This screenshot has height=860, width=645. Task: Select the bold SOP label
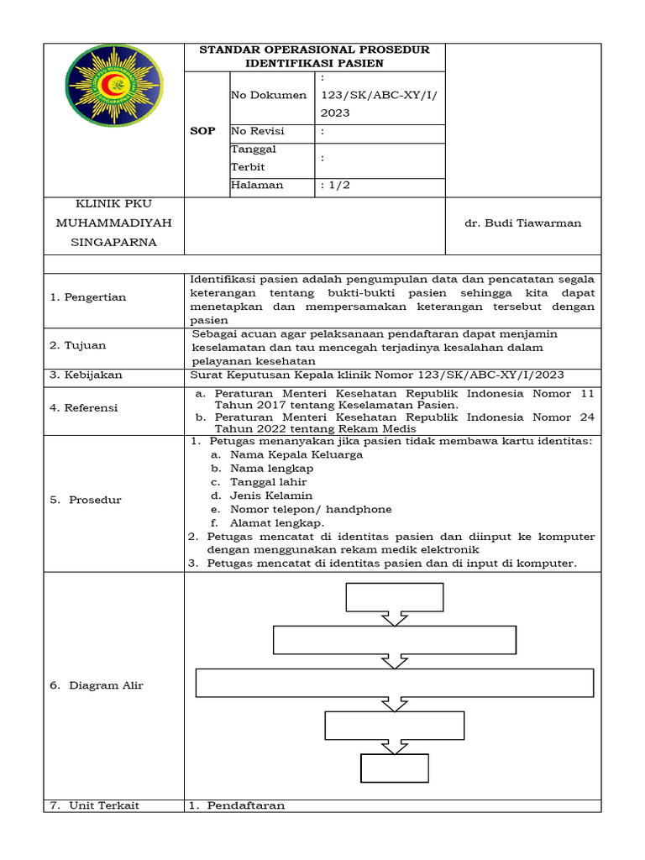tap(203, 131)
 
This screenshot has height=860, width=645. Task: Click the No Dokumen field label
tap(269, 95)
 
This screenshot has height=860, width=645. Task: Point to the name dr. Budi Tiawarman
tap(522, 223)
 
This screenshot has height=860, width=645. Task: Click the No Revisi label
tap(258, 131)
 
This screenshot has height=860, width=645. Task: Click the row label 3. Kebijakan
tap(90, 375)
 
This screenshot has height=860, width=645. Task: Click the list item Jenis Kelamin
tap(265, 496)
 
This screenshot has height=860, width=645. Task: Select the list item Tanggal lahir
tap(262, 482)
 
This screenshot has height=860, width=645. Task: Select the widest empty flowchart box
tap(395, 683)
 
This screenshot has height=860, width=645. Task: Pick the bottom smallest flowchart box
tap(394, 768)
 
